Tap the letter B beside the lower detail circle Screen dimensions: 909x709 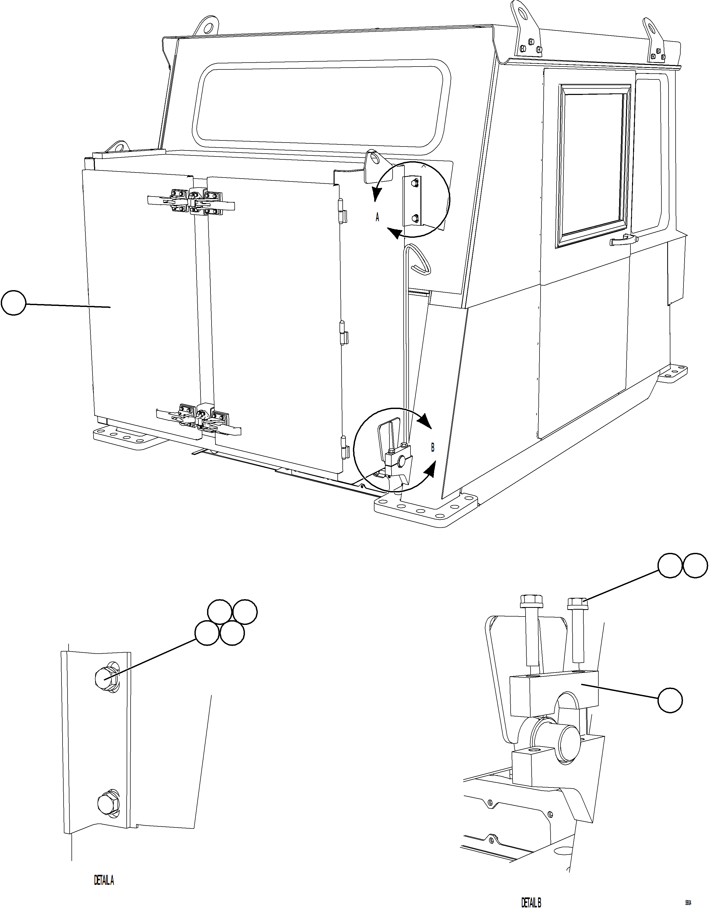(433, 448)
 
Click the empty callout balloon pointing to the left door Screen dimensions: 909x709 (14, 304)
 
